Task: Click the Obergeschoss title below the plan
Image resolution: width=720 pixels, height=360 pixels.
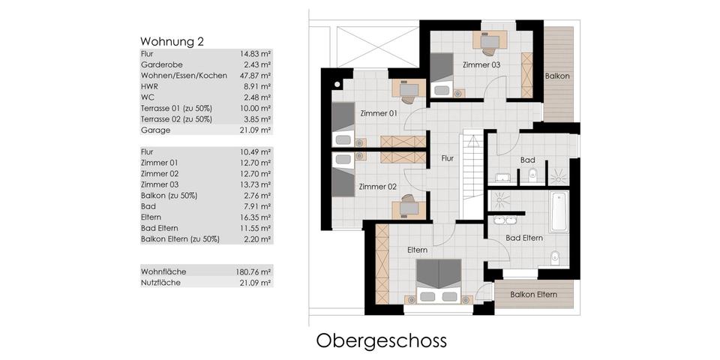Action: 381,342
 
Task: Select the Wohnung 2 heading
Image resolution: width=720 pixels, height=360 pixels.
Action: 172,42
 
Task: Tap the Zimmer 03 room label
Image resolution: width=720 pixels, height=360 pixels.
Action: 481,65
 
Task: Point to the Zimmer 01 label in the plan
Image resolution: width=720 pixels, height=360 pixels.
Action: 379,113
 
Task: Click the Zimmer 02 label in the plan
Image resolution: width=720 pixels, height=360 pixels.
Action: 378,187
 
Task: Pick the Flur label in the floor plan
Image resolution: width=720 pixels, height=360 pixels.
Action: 447,158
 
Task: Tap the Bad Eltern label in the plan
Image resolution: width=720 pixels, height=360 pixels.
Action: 524,238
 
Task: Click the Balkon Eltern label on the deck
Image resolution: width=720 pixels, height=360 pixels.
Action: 533,294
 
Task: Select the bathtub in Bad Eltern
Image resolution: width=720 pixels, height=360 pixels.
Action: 559,212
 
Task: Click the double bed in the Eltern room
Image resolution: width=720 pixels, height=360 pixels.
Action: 439,280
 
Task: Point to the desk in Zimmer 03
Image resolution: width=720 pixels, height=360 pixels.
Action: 490,40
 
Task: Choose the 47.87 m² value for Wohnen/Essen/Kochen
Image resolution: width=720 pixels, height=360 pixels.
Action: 255,76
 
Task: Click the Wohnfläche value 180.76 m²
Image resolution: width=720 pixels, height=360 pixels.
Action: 253,271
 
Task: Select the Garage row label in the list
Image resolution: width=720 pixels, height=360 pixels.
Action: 155,130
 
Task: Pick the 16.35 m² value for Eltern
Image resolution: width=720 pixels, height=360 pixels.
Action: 255,217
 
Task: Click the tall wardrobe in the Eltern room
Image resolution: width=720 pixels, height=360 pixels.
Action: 382,264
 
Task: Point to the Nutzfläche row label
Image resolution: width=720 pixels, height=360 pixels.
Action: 160,283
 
